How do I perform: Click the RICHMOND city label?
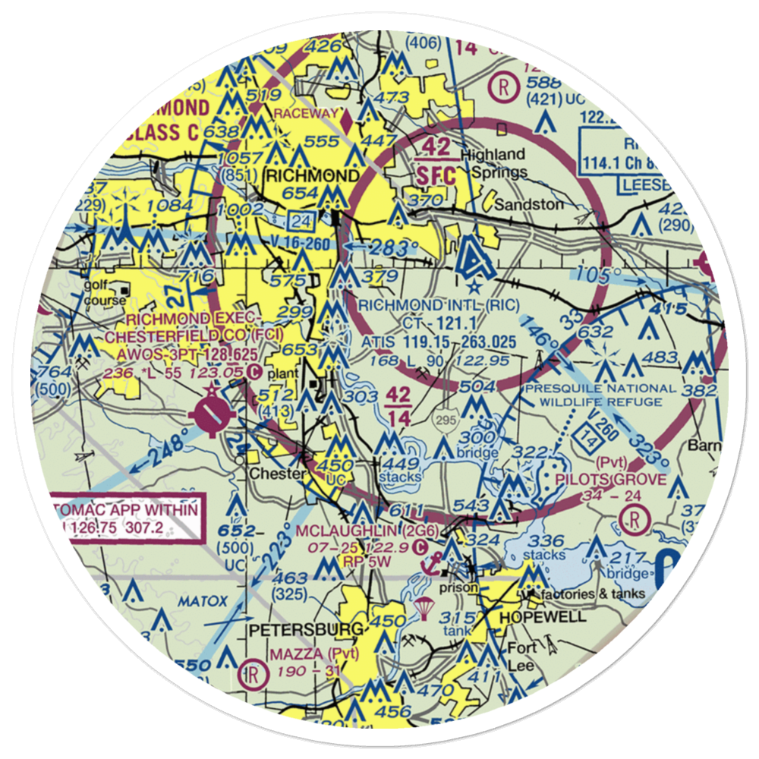point(313,176)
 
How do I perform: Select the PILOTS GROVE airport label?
point(611,480)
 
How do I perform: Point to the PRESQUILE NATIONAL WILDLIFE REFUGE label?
point(599,395)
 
